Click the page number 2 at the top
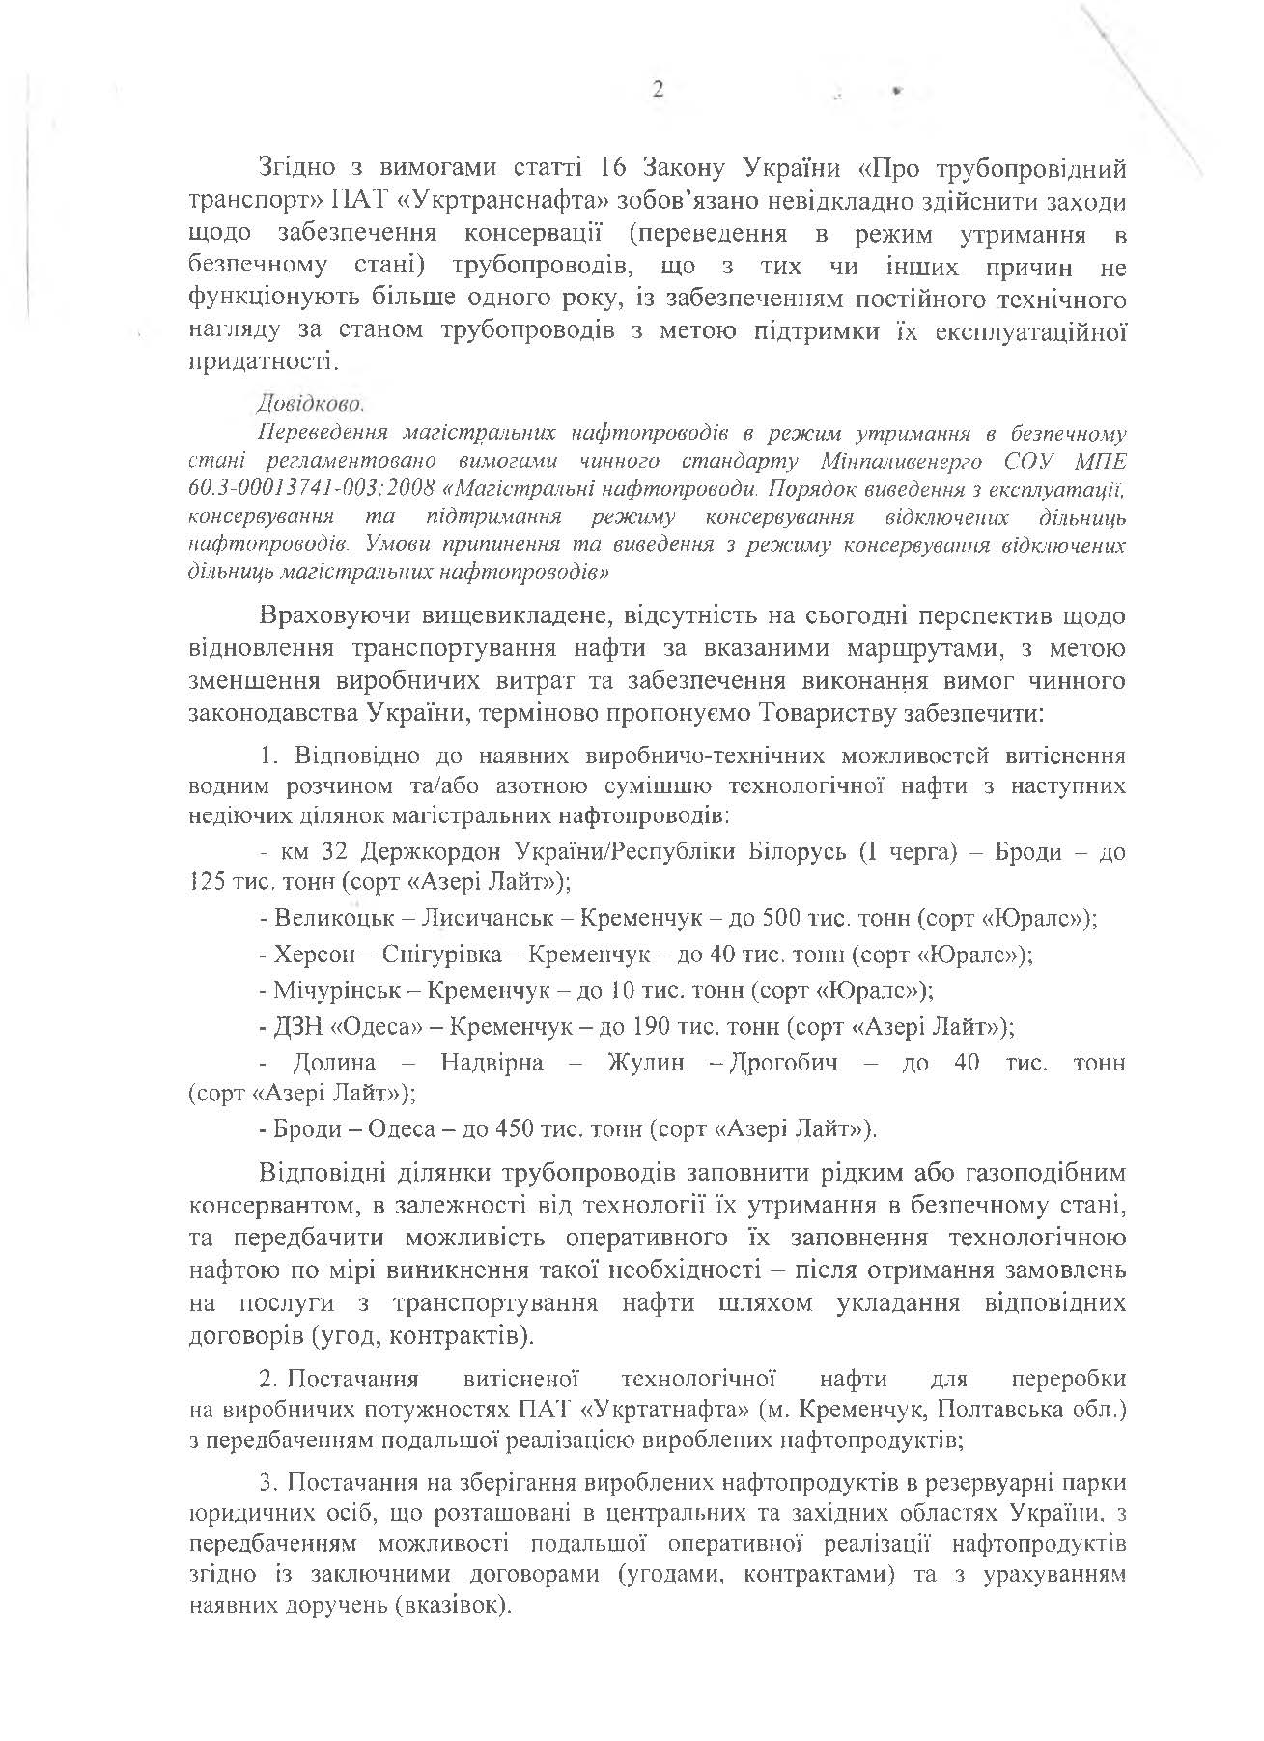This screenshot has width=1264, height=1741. [x=659, y=90]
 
